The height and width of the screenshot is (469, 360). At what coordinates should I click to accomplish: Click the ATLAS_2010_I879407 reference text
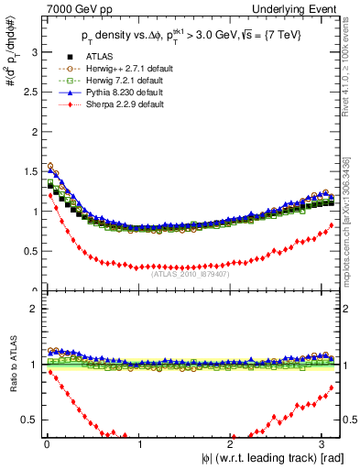[x=189, y=271]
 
